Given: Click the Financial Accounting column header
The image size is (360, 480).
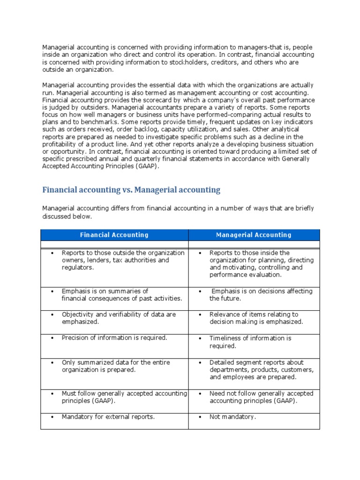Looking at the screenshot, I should click(114, 235).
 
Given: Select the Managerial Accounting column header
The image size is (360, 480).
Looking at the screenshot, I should click(254, 235).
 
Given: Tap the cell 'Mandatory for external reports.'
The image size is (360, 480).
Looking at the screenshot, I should click(108, 417).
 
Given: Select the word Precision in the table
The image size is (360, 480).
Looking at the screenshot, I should click(76, 337).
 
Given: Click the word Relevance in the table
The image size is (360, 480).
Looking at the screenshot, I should click(225, 315).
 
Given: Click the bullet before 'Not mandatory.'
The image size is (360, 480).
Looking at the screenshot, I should click(200, 417).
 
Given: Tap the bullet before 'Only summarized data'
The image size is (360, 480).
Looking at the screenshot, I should click(52, 363).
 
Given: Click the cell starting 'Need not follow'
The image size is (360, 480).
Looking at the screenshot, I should click(254, 397).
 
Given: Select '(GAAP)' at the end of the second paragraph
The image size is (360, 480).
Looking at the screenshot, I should click(144, 166).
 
